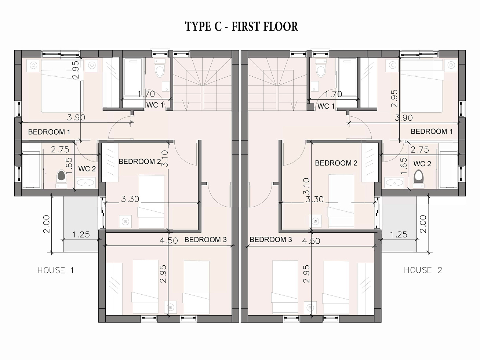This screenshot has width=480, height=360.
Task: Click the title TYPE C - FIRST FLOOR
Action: pos(241,26)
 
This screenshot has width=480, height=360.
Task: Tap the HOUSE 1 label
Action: pos(56,270)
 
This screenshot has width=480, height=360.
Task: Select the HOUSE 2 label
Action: pos(423,270)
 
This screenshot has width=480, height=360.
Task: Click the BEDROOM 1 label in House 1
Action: pos(49,132)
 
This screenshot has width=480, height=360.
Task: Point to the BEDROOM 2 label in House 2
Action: pos(336,163)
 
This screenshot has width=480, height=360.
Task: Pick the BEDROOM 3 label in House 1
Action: pos(206,240)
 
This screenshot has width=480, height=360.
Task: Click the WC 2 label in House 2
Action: pos(422,164)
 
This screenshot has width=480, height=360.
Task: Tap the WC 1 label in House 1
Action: pos(155,105)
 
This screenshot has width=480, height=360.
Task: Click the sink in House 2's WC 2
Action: pos(394,183)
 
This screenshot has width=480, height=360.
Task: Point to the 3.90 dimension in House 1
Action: pos(76,117)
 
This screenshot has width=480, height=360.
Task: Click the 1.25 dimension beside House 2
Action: pos(399,234)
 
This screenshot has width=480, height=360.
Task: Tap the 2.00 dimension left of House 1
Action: pos(47,224)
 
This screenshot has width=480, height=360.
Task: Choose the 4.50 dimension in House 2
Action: pos(311,241)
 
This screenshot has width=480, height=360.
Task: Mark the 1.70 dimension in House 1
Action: pos(146,94)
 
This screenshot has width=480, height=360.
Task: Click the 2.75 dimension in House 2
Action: pos(420,150)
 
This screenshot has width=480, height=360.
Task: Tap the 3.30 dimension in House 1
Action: pos(130,199)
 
